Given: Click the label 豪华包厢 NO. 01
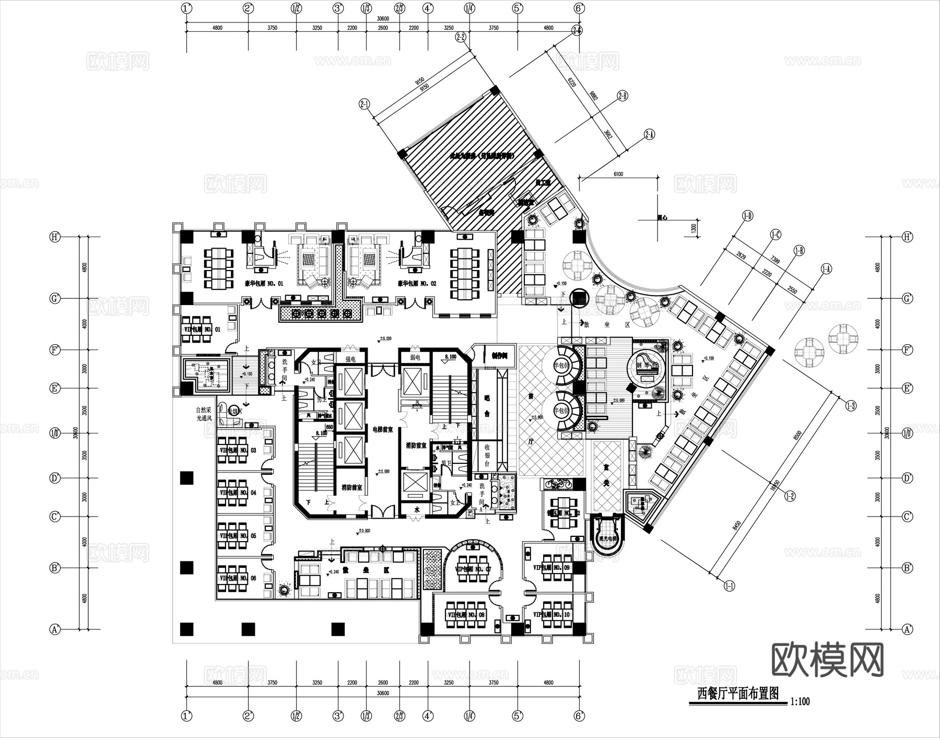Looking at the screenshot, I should coord(264,284).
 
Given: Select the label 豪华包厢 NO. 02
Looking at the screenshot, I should coord(417,284).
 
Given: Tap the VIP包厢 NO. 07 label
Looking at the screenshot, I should coord(473,569).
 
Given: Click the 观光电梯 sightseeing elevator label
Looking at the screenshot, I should coord(608,538).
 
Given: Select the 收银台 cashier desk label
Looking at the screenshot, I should coord(487,455).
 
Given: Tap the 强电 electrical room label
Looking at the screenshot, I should coord(350,359).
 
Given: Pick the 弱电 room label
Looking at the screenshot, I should coord(415,358).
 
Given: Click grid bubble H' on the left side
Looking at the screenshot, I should coord(55,237).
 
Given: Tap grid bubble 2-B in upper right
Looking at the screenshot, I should coord(622,96).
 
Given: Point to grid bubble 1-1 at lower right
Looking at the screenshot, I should coord(729,586).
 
